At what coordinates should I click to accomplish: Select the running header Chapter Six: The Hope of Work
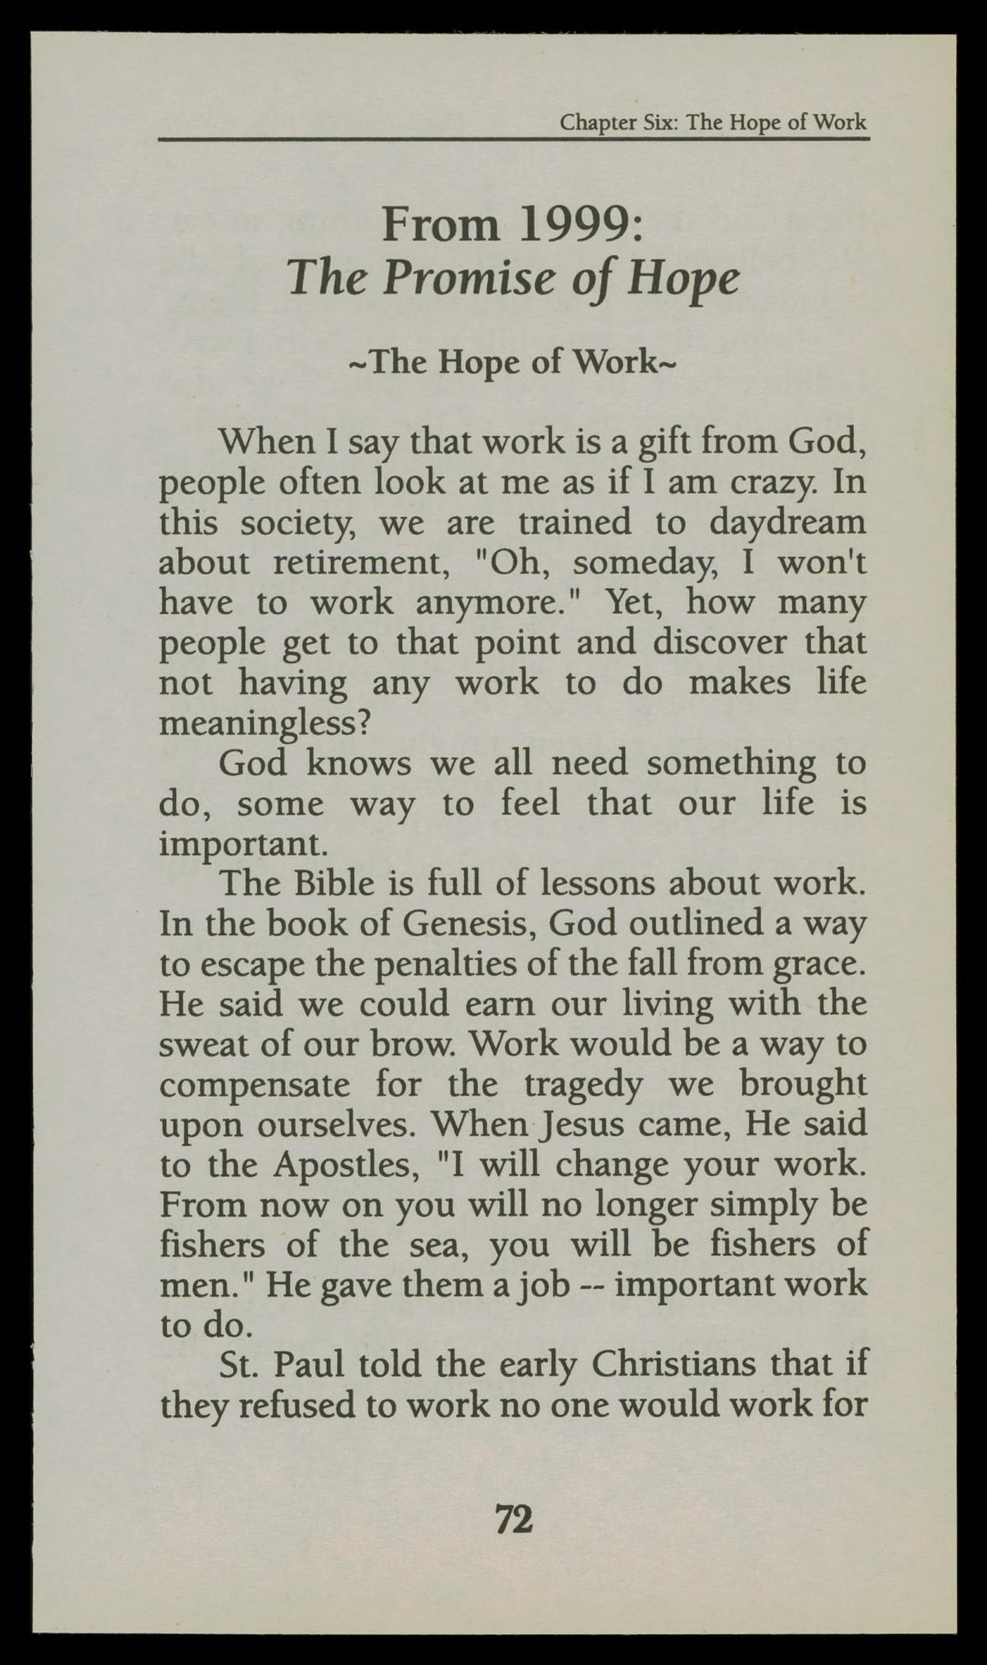coord(712,123)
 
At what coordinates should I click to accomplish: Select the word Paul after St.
coord(310,1365)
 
